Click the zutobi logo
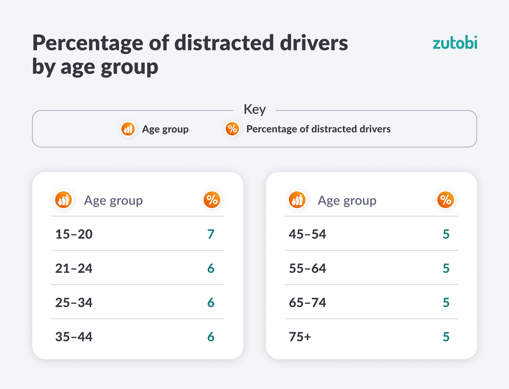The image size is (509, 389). tap(455, 43)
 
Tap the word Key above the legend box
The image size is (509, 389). tap(254, 109)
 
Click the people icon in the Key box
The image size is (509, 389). tap(128, 129)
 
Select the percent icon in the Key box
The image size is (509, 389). tap(232, 129)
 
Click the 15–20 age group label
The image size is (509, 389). tap(74, 234)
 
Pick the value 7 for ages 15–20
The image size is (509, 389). tap(211, 234)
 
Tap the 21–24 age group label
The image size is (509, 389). tap(74, 268)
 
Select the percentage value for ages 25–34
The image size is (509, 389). tap(211, 303)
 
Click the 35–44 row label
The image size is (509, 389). tap(74, 337)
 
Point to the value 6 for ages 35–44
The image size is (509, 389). tap(211, 337)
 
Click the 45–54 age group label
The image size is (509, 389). tap(307, 234)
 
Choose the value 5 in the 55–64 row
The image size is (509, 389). tap(446, 268)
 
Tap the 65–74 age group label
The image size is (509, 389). tap(307, 303)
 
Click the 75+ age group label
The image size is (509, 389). tap(300, 337)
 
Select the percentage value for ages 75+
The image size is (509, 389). tap(446, 337)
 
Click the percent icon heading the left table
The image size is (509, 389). tap(212, 200)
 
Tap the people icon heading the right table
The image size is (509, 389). tap(297, 200)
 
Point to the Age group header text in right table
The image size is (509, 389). tap(347, 201)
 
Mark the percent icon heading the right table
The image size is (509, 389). tap(446, 200)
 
